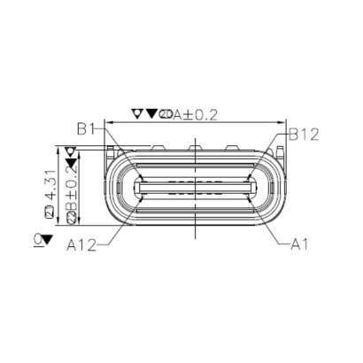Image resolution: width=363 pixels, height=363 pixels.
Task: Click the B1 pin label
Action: pyautogui.click(x=85, y=129)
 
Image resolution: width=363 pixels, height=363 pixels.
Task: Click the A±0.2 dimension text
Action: pyautogui.click(x=194, y=112)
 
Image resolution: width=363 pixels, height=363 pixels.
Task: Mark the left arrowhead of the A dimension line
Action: pyautogui.click(x=108, y=122)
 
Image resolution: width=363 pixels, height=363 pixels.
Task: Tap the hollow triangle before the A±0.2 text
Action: pyautogui.click(x=136, y=112)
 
